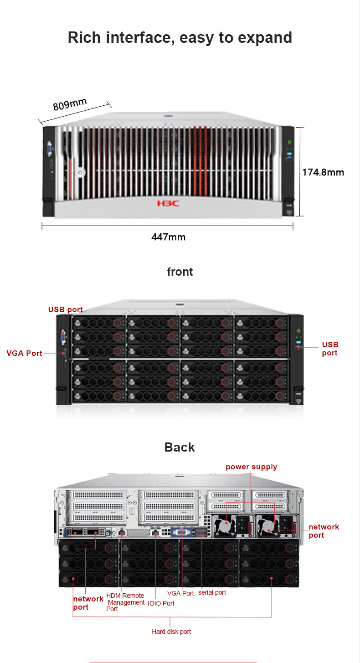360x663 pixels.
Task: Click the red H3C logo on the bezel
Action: coord(168,203)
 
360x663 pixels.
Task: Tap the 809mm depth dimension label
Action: coord(70,104)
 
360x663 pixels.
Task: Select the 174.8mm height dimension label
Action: coord(323,172)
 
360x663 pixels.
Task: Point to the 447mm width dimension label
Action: coord(169,237)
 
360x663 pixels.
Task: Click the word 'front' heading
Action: coord(180,272)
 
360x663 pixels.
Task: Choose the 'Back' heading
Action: coord(180,447)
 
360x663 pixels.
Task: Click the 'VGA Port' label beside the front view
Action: coord(24,353)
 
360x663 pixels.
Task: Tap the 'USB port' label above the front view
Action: coord(66,309)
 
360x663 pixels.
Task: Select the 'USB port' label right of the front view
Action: coord(330,349)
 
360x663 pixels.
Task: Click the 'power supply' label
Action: coord(252,467)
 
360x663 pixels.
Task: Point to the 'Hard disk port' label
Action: coord(171,632)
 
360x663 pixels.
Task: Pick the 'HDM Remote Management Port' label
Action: coord(125,602)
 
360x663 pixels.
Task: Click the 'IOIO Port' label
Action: coord(161,603)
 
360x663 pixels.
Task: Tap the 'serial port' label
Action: coord(212,592)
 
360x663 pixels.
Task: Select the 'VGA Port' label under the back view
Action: coord(180,593)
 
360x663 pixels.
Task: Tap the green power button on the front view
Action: coord(298,331)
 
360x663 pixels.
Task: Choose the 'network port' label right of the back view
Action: coord(324,531)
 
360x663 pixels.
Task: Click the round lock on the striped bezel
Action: coord(80,172)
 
